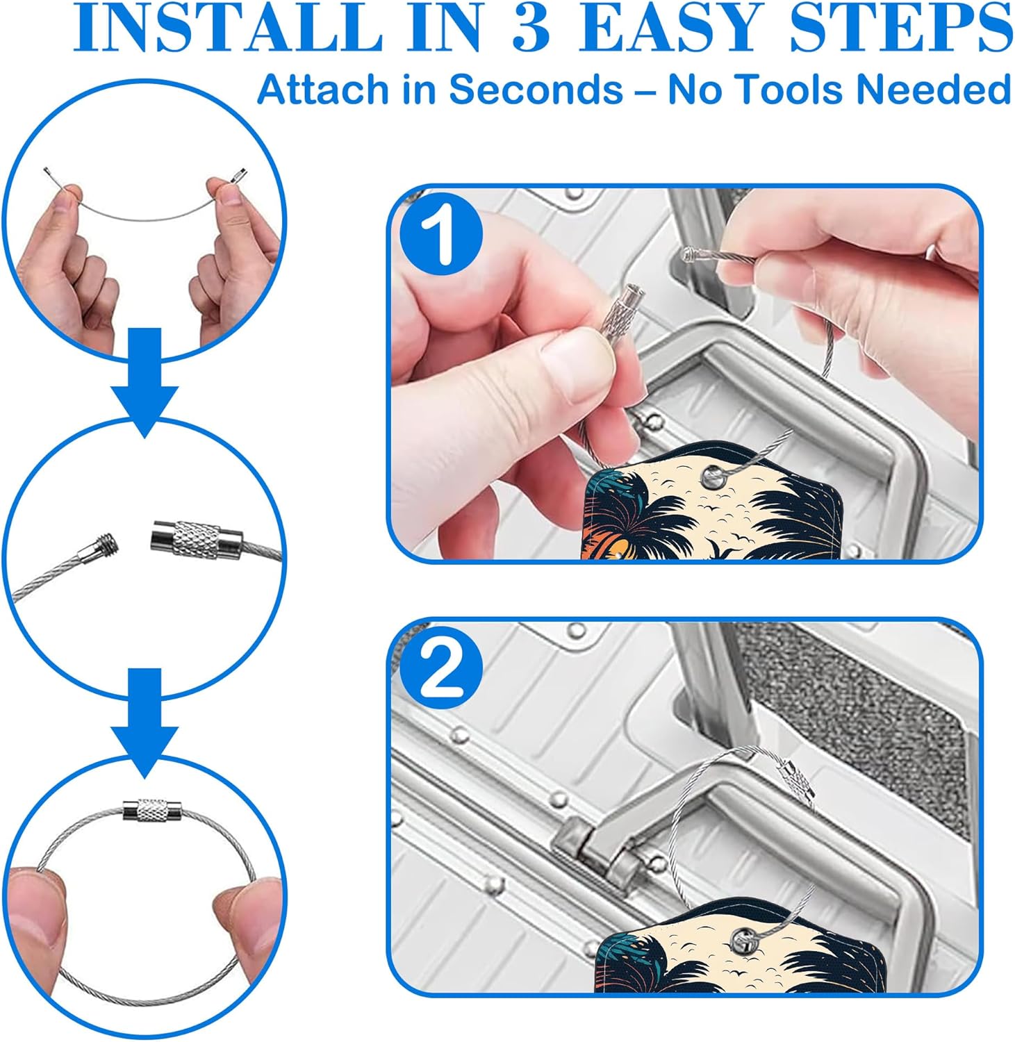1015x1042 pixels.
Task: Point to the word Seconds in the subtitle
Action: (535, 90)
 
